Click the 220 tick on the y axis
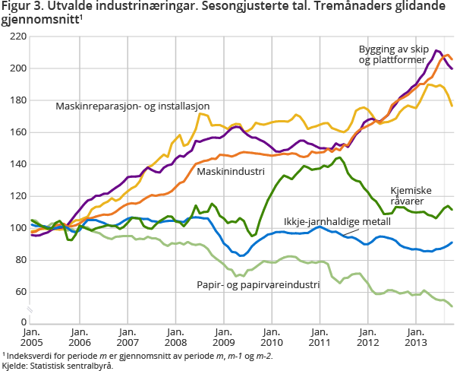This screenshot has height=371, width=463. (15, 36)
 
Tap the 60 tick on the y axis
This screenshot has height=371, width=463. (17, 292)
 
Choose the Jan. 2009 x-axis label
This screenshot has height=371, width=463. (222, 338)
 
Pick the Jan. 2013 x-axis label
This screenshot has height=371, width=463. (414, 338)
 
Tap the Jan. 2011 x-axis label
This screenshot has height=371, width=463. (319, 338)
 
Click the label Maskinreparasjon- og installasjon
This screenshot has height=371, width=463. (132, 106)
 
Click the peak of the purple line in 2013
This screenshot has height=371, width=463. (438, 51)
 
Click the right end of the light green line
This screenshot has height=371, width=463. (452, 306)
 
